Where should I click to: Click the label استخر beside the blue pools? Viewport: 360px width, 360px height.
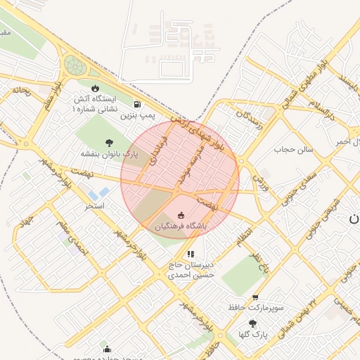tap(94, 206)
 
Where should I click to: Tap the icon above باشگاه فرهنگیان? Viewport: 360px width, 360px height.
tap(181, 215)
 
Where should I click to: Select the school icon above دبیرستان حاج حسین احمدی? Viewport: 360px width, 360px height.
tap(191, 254)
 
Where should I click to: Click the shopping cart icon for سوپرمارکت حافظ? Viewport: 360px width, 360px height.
tap(255, 297)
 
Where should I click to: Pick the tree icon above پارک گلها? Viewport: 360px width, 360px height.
tap(252, 323)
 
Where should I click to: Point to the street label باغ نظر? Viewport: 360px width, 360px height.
tap(262, 262)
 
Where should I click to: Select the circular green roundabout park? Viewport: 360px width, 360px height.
tap(74, 66)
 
